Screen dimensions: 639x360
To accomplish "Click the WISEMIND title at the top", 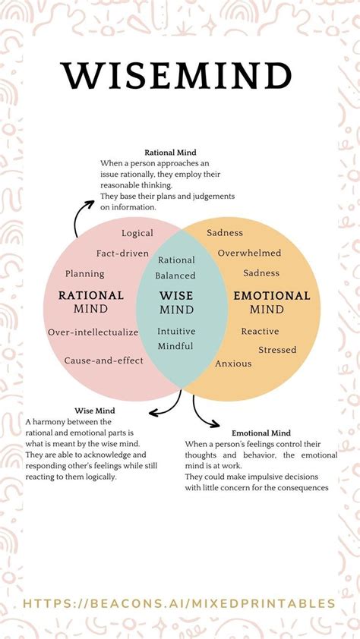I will tap(176, 77).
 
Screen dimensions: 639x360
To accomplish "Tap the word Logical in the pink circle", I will tap(137, 233).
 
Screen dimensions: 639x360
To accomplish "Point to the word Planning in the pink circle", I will tap(85, 273).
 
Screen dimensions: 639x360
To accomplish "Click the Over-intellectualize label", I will tap(93, 332).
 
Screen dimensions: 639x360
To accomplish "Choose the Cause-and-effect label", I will tap(104, 360).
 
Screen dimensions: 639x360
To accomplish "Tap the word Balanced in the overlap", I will tap(176, 275).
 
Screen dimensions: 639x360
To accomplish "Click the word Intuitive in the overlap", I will tap(176, 331).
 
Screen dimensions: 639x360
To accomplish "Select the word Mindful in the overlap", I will tap(175, 346).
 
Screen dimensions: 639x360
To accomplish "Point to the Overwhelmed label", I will tap(249, 253).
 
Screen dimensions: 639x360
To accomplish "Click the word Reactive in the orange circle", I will tap(260, 331).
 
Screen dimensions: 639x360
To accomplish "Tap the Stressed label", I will tap(277, 350).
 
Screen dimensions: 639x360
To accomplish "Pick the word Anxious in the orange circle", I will tap(233, 364).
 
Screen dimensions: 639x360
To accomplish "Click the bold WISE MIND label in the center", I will tap(176, 302).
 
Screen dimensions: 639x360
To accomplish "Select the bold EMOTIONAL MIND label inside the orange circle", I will tap(271, 302).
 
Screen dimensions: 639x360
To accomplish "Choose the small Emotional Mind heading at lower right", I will tap(261, 433).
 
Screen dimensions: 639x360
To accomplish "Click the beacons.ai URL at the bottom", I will tap(180, 603).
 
